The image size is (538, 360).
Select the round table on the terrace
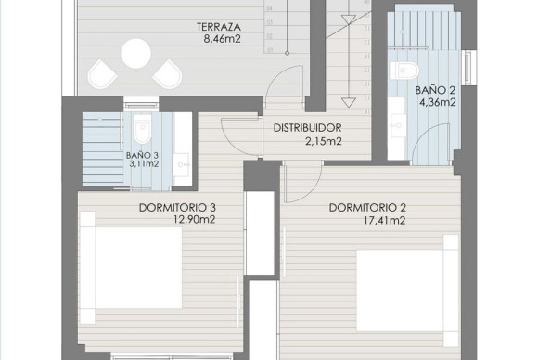(x=135, y=53)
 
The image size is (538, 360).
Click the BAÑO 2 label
(x=435, y=90)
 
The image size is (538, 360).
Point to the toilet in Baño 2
(x=402, y=67)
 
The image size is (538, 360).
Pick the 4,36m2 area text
(x=435, y=103)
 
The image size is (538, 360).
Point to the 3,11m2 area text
(x=143, y=166)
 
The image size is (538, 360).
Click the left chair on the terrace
(x=100, y=71)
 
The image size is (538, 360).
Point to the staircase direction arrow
(x=349, y=56)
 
